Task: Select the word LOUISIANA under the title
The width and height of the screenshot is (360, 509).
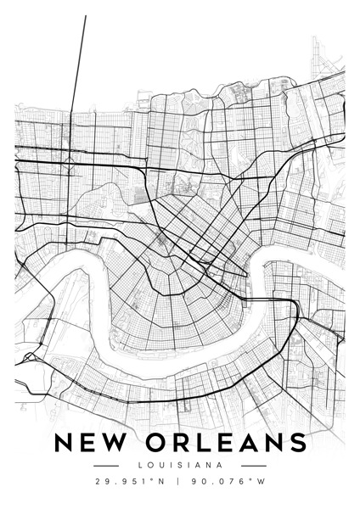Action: tap(180, 465)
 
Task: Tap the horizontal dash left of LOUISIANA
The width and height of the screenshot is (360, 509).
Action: tap(105, 466)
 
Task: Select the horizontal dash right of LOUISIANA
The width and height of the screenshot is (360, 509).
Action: tap(254, 466)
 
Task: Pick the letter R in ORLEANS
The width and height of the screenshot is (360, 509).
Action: tap(180, 444)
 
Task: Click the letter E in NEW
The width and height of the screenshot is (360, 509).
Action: tap(88, 444)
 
